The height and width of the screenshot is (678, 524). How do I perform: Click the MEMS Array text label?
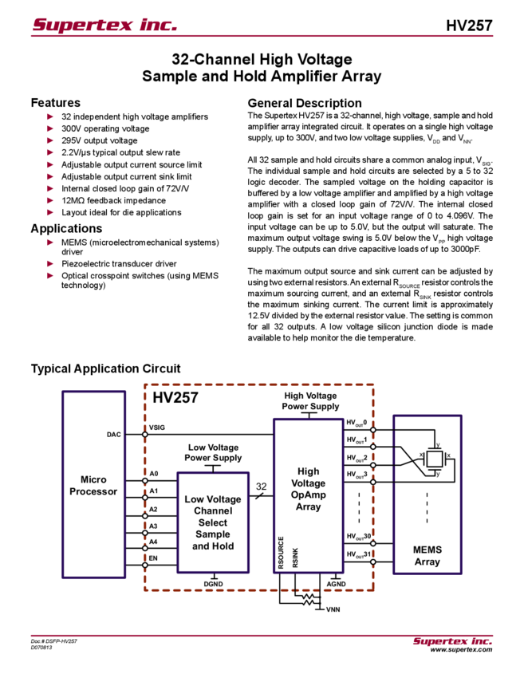(x=427, y=555)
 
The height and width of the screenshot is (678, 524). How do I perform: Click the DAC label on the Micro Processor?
(x=114, y=435)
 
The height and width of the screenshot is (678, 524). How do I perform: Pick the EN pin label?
(x=153, y=558)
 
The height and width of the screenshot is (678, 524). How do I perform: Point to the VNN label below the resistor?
(x=333, y=609)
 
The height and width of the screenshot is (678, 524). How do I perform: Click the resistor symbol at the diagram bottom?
(x=305, y=599)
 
